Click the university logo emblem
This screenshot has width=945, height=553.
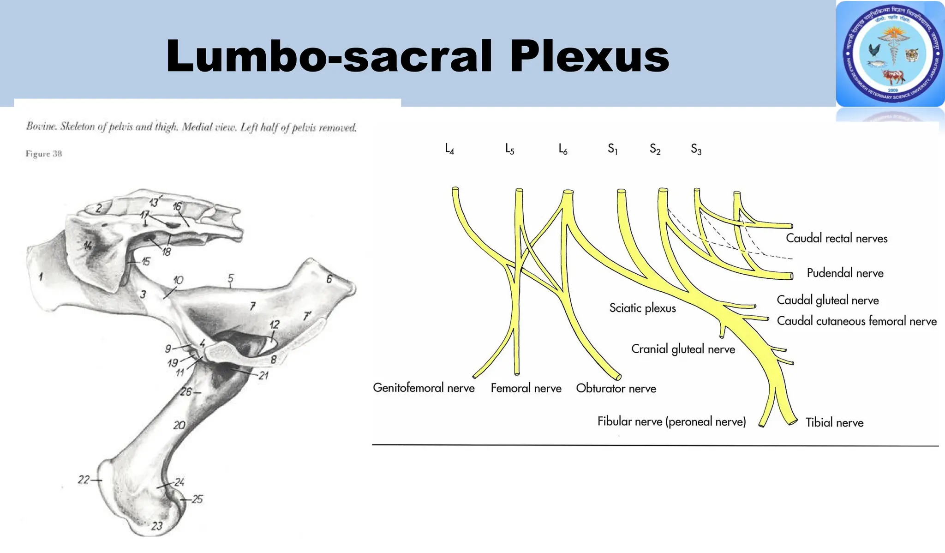[x=891, y=54]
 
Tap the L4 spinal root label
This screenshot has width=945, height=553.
[x=449, y=149]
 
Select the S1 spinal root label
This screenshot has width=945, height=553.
[x=612, y=149]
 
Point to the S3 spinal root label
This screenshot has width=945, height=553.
[x=696, y=149]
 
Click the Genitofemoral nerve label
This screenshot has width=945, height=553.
[x=424, y=388]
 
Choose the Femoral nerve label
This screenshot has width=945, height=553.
[x=526, y=388]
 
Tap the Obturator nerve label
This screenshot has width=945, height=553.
[x=616, y=389]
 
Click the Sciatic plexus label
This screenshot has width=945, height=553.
[x=642, y=308]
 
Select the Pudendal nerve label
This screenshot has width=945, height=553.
[x=845, y=273]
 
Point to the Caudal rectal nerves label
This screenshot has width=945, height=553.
[x=837, y=238]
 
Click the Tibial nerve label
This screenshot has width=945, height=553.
[x=834, y=422]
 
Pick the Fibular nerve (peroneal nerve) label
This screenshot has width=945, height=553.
[x=671, y=421]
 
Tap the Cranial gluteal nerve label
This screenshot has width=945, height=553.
[x=683, y=349]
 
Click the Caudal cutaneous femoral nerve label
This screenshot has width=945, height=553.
[x=857, y=321]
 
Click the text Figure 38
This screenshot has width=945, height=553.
[x=43, y=154]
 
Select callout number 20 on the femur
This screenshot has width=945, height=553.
[x=179, y=425]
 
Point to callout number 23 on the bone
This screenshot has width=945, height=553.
[x=157, y=526]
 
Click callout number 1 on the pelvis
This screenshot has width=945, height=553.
[x=41, y=277]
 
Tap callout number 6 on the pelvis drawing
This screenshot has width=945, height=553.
[x=329, y=279]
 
